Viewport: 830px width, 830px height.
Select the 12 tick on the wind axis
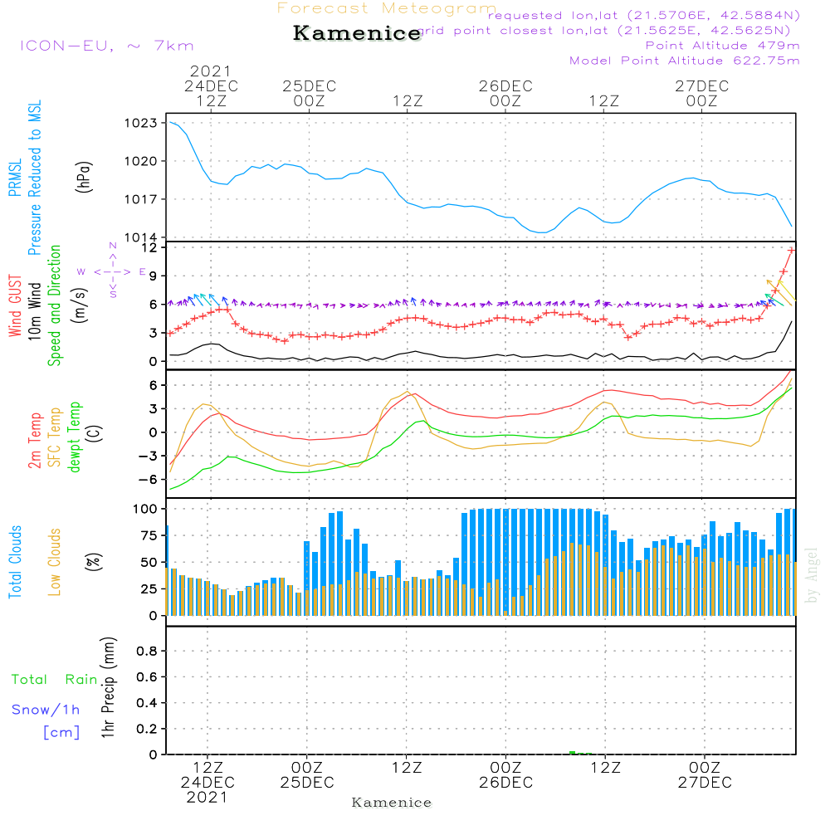tap(149, 247)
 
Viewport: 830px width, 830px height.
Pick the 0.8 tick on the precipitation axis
tap(147, 652)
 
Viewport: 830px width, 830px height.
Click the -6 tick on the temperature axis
tap(149, 480)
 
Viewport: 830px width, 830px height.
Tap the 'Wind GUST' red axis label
tap(16, 306)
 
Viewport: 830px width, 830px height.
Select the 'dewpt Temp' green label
tap(75, 437)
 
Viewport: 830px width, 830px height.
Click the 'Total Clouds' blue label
tap(16, 562)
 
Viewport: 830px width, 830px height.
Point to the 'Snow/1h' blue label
tap(46, 710)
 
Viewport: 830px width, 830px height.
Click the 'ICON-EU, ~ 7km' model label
tap(105, 46)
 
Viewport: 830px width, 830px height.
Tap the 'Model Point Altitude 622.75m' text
tap(684, 61)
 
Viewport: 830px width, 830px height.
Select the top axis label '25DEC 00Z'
tap(308, 93)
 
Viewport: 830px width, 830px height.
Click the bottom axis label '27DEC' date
tap(704, 783)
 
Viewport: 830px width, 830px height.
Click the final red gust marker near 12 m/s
tap(791, 250)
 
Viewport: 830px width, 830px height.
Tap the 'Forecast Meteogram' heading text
tap(386, 9)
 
